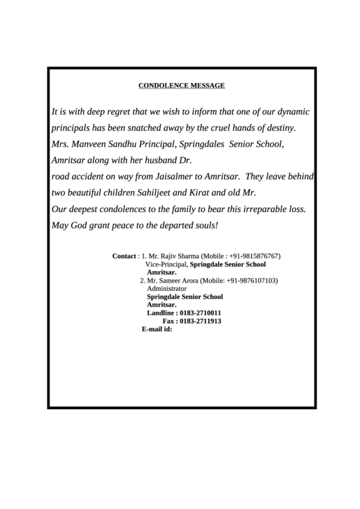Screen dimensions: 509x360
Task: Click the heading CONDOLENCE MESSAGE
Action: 181,86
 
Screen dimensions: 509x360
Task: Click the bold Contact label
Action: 124,256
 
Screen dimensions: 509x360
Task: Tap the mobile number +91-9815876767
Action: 253,256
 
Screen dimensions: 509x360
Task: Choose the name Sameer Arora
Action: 176,281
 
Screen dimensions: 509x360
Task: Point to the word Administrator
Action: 166,289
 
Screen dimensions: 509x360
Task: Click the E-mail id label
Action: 157,329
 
